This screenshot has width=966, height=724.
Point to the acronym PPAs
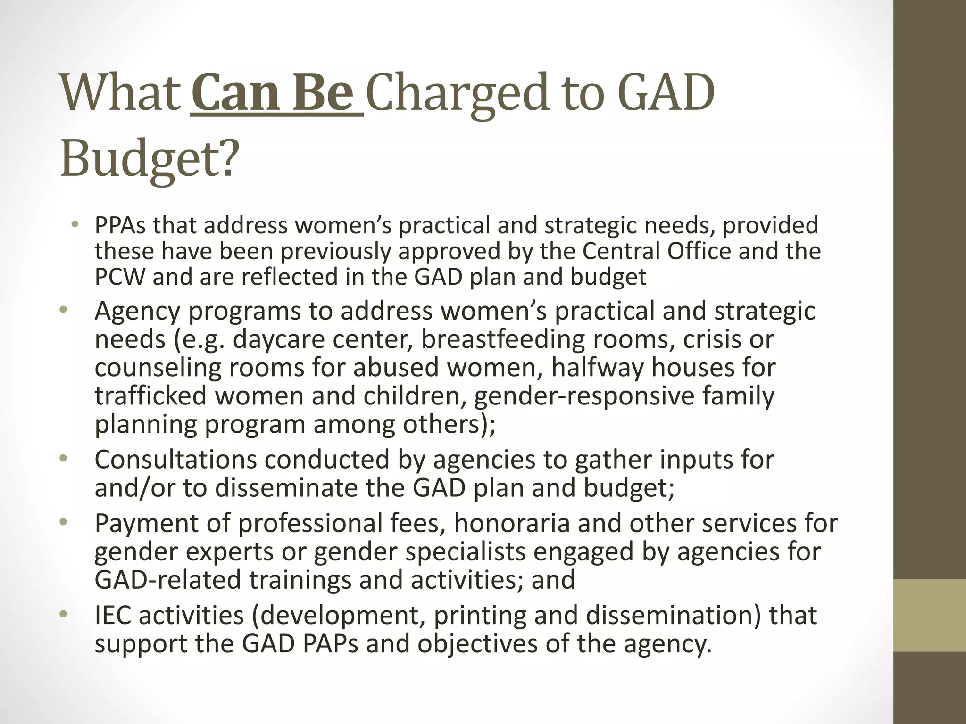pyautogui.click(x=120, y=226)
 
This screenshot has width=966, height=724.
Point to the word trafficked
pyautogui.click(x=151, y=396)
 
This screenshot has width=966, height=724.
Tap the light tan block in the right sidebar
pyautogui.click(x=930, y=615)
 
